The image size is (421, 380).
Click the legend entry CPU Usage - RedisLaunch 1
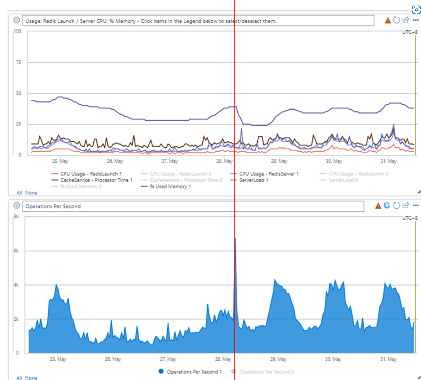(x=91, y=174)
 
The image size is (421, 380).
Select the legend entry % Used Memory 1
(x=170, y=186)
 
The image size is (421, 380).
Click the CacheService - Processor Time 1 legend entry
(x=96, y=180)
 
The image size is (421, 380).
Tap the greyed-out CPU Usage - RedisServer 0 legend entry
(x=358, y=174)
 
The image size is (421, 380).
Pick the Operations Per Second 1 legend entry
(x=194, y=371)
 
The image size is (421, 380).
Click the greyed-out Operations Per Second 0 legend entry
(x=267, y=371)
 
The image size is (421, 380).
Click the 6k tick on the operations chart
(x=16, y=251)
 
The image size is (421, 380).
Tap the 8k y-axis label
(x=16, y=217)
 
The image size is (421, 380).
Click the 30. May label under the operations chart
(x=333, y=359)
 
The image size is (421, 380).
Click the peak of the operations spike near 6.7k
(x=235, y=239)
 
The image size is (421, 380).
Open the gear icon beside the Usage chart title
(x=17, y=20)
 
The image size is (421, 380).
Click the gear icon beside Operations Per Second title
(x=17, y=206)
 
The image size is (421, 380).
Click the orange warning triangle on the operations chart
(x=378, y=206)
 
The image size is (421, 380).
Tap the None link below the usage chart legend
(x=31, y=193)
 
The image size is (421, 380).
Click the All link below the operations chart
(x=19, y=378)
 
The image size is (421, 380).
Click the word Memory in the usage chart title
(x=132, y=21)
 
